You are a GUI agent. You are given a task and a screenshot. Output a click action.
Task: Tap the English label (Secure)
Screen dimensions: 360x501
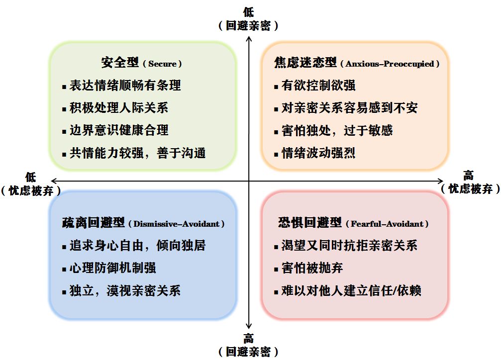(x=162, y=64)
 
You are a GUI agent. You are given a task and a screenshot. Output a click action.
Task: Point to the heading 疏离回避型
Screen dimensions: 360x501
(x=94, y=223)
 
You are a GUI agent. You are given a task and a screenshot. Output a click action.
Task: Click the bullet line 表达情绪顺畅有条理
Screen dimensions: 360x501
(x=125, y=86)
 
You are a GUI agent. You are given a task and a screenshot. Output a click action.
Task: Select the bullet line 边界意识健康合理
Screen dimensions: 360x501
(x=118, y=130)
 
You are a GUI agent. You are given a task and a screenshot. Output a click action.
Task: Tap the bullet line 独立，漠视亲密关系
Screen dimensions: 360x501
(x=125, y=291)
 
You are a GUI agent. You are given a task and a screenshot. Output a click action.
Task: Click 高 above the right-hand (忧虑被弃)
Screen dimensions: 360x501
(x=469, y=176)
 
